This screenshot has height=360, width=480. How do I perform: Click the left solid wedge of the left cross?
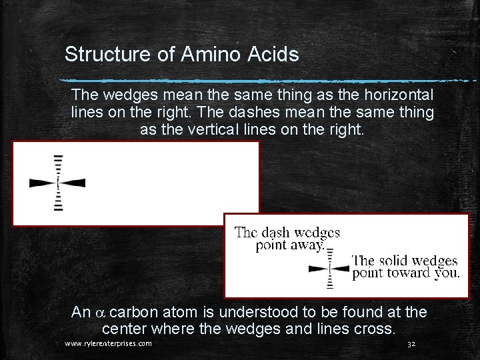pos(43,182)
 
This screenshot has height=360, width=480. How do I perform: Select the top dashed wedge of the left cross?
pos(59,167)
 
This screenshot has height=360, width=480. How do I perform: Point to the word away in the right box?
pos(306,245)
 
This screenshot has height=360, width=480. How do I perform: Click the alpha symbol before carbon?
pos(101,313)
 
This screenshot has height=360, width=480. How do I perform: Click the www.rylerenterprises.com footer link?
pos(108,344)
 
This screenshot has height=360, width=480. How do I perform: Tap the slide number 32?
pos(411,344)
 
